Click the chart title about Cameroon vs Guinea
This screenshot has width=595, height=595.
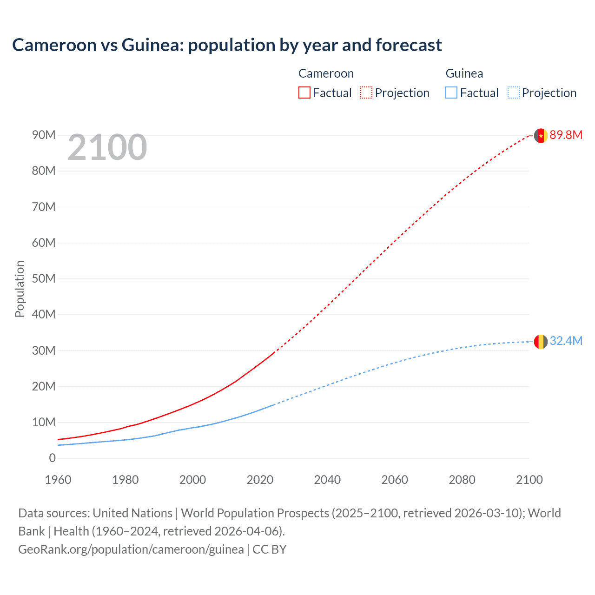[227, 45]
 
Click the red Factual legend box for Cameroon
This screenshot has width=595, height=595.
[304, 93]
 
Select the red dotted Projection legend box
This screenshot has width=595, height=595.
[366, 93]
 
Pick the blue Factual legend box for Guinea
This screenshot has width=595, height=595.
[451, 93]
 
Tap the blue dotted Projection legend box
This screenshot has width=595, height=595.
[513, 93]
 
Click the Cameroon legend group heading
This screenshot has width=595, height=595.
[326, 73]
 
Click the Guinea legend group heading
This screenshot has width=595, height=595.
[464, 73]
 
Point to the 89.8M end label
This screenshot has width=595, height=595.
[566, 135]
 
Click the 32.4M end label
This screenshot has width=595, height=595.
[566, 341]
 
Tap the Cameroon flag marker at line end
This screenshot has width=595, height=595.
[541, 135]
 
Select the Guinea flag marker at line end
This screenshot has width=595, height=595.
[541, 342]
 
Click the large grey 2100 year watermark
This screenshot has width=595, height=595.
[107, 147]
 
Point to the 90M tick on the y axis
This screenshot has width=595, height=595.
[44, 135]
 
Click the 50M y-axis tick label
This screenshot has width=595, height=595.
[44, 278]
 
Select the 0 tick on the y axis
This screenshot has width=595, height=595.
[52, 458]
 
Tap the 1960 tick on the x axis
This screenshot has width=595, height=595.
[58, 480]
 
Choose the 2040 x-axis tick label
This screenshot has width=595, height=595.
[327, 480]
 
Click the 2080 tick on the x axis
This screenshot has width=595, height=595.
[462, 480]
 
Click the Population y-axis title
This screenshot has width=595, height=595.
[20, 289]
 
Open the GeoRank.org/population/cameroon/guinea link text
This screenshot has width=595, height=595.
[131, 549]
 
